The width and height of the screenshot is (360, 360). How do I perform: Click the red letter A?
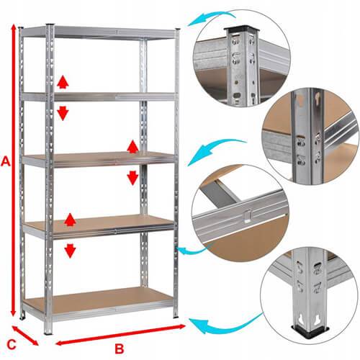pyautogui.click(x=6, y=161)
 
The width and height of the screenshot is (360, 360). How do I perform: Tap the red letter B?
pyautogui.click(x=120, y=348)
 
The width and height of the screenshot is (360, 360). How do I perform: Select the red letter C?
pyautogui.click(x=12, y=345)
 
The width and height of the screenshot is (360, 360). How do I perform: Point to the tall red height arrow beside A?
pyautogui.click(x=14, y=170)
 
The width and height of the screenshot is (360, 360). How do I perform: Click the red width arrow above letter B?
pyautogui.click(x=120, y=335)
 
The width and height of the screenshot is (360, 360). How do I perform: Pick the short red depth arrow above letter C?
pyautogui.click(x=25, y=336)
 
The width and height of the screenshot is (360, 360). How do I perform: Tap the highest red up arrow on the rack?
pyautogui.click(x=63, y=82)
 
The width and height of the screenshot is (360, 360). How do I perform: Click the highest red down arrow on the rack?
pyautogui.click(x=63, y=114)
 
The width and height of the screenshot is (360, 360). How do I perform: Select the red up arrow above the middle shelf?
pyautogui.click(x=132, y=147)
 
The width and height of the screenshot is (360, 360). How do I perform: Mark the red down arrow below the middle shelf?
pyautogui.click(x=132, y=178)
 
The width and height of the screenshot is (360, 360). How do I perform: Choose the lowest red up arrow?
pyautogui.click(x=70, y=220)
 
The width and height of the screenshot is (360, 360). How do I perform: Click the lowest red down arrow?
pyautogui.click(x=70, y=251)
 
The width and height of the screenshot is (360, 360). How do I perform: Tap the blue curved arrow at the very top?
pyautogui.click(x=211, y=17)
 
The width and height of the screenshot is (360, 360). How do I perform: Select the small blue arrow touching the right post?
pyautogui.click(x=192, y=250)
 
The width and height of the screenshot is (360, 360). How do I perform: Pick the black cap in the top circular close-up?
pyautogui.click(x=242, y=29)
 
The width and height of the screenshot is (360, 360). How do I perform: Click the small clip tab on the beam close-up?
pyautogui.click(x=248, y=216)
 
